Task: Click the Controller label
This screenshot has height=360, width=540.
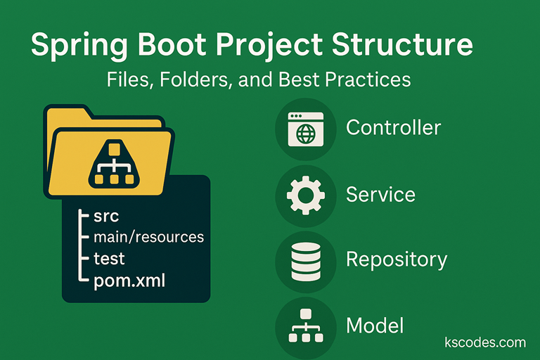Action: point(393,127)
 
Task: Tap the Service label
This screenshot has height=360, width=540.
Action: point(380,194)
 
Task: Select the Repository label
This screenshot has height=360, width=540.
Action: point(396,259)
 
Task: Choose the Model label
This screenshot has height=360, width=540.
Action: point(375,326)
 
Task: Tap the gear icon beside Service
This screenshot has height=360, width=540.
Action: point(306,195)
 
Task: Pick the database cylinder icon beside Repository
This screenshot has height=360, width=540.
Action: point(306,261)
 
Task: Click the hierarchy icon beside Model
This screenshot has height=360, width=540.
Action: point(306,326)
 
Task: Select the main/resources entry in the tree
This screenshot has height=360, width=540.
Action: point(148,237)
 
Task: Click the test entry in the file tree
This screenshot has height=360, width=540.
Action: point(109,259)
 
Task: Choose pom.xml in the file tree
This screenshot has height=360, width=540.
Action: point(130,281)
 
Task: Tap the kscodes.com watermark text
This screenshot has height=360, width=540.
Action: point(485,342)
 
